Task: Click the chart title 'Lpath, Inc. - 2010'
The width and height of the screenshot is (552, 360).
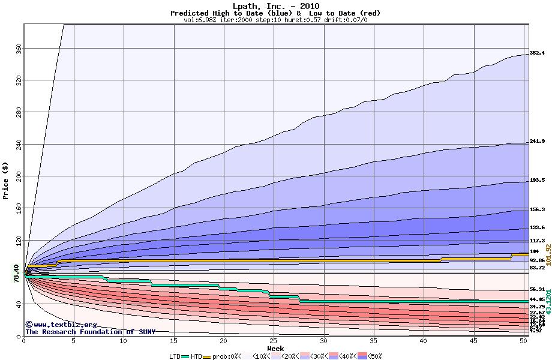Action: click(275, 6)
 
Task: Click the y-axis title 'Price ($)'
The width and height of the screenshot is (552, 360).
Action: click(5, 181)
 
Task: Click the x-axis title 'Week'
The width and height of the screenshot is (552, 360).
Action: click(275, 348)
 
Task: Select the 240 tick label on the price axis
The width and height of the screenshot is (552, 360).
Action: click(17, 144)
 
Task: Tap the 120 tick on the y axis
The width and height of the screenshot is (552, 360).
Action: click(17, 240)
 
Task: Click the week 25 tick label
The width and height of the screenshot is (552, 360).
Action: click(274, 341)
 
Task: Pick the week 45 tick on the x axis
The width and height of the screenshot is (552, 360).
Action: click(474, 341)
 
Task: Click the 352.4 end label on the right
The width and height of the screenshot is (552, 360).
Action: click(537, 53)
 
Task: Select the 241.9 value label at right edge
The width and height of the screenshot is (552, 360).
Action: click(537, 142)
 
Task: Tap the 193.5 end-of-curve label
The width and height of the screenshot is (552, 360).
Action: click(537, 180)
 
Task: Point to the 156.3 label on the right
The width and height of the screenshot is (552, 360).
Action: click(537, 210)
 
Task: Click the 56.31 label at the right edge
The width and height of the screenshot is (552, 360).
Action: click(537, 289)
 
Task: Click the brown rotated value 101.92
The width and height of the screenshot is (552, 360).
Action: click(547, 255)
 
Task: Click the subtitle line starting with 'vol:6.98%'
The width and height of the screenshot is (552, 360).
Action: click(275, 20)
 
